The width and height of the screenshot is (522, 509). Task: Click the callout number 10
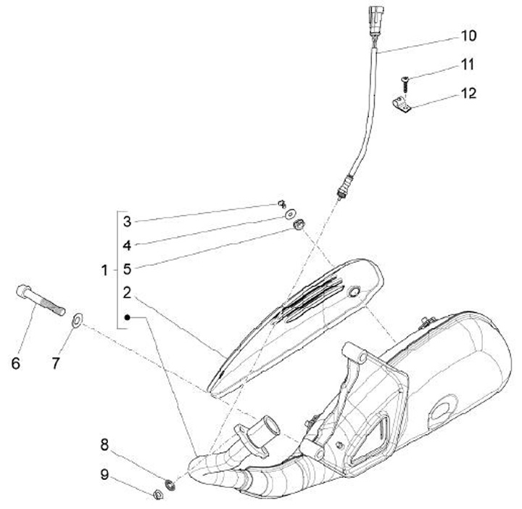coord(467,35)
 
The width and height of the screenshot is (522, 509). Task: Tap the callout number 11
coord(467,65)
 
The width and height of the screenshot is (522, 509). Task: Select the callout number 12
coord(467,94)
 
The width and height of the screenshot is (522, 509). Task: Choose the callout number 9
coord(104,475)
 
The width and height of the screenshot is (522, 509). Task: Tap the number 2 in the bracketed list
coord(127,293)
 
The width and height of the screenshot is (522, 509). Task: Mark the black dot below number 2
coord(127,317)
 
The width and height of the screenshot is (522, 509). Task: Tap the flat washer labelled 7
coord(77,317)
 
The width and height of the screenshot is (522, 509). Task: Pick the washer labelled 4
coord(290,214)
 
